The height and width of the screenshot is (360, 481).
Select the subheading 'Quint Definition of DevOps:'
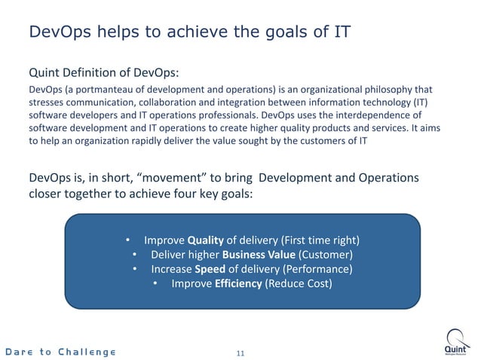click(x=103, y=74)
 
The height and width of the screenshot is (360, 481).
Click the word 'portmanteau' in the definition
click(x=97, y=90)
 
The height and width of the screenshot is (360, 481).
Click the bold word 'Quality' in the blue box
click(x=206, y=241)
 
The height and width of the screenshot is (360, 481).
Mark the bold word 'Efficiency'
click(x=237, y=284)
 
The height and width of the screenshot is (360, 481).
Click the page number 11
click(x=241, y=352)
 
